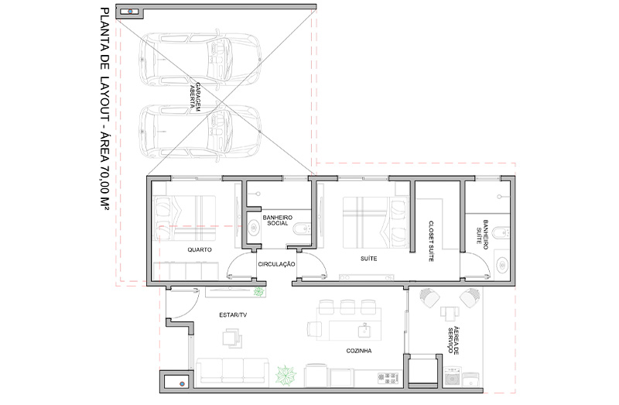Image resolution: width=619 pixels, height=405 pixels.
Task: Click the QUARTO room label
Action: [200, 249]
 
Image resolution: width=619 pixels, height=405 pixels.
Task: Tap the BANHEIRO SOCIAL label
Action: [278, 220]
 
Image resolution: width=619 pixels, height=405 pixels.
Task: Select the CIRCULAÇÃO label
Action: [276, 264]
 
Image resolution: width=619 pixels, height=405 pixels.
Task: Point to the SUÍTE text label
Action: [369, 259]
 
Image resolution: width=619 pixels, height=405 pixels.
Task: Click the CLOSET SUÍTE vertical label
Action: [431, 241]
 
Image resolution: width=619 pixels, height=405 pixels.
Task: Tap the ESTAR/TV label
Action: [233, 315]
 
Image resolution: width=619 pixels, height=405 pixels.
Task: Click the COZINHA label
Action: [359, 351]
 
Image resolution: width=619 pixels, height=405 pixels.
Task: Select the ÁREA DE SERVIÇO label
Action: [453, 340]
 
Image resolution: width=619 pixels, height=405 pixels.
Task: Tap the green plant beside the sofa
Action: [286, 376]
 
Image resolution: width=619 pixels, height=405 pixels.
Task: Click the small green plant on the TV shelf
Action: [258, 292]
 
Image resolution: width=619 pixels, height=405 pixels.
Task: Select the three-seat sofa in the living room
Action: [232, 371]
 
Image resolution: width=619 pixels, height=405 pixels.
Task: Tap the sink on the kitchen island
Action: [364, 330]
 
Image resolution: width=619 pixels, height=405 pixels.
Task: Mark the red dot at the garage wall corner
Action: [130, 12]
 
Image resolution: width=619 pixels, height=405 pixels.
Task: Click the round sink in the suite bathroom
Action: [501, 264]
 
